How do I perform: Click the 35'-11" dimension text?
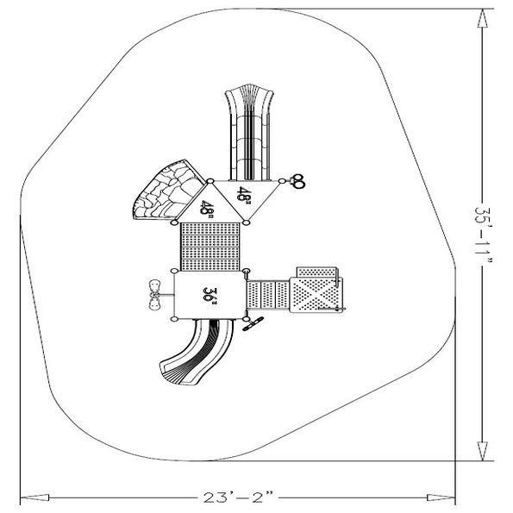pos(487,232)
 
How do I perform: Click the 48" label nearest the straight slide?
pos(245,196)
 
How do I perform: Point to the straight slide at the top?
pos(247,129)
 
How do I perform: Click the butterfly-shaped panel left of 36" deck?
pos(154,294)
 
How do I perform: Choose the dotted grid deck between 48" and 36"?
pos(210,246)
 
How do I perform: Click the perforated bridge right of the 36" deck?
pos(270,295)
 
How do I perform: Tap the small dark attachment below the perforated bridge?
pos(254,324)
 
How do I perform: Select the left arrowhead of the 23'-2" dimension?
pos(26,498)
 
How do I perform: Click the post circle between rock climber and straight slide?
pos(210,181)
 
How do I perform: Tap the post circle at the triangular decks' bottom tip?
pos(247,223)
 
